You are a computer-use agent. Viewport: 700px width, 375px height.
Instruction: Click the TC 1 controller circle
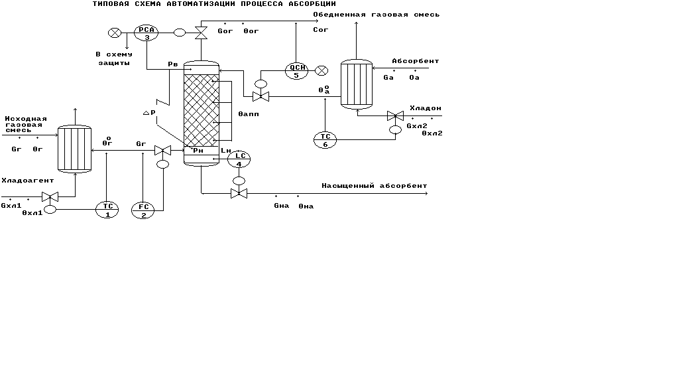107,210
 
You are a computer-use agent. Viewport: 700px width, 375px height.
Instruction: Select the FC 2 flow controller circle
143,210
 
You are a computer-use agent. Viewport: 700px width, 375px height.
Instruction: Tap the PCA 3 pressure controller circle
146,33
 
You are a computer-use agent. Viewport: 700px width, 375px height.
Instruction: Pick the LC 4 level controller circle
239,159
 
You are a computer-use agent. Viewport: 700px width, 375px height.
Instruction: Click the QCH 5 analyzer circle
296,70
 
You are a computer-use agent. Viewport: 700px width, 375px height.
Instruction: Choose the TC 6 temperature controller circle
325,139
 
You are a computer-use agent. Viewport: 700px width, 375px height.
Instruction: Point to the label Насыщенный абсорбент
375,186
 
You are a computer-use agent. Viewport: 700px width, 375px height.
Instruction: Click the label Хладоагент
27,180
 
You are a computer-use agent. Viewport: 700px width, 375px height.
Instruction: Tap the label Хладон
425,108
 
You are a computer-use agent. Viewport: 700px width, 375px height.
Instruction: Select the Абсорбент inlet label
415,61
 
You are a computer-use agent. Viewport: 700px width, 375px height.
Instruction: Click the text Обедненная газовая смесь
376,14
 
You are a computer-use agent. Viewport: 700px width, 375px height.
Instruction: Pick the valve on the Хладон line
395,116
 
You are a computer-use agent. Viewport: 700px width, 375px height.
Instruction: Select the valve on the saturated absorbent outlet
239,194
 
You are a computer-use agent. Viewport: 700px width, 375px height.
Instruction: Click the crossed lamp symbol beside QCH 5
321,70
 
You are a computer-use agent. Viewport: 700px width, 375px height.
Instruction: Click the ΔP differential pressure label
150,113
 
